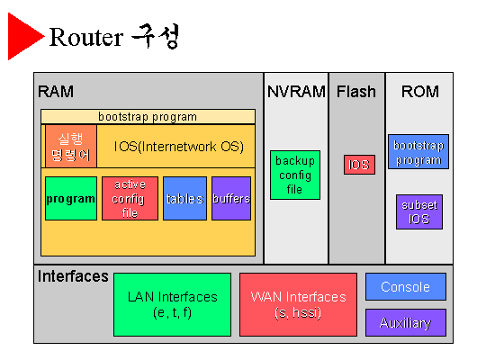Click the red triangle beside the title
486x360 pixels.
22,36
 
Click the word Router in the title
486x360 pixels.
86,37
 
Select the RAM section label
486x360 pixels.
56,92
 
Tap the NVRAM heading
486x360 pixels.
296,92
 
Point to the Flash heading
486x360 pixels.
356,92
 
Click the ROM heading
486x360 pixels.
420,92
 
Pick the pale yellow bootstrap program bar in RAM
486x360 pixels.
148,117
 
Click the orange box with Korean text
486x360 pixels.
71,146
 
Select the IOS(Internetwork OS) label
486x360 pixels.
179,147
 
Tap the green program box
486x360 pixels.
71,198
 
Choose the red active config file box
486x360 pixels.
130,198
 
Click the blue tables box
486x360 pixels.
184,198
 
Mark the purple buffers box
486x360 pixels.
231,198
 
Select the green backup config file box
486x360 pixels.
295,175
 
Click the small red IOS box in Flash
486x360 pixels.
359,165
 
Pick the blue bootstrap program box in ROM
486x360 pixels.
418,151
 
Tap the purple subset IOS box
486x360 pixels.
419,212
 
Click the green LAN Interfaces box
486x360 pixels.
172,304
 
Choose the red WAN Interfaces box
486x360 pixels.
298,304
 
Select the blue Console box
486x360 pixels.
406,287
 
